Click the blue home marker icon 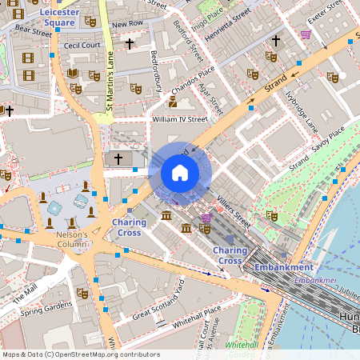[x=180, y=172]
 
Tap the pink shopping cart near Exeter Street [x=306, y=34]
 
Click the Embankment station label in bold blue [x=283, y=266]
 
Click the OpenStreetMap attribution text [x=80, y=354]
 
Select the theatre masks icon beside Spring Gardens [x=82, y=293]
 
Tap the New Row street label [x=128, y=24]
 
